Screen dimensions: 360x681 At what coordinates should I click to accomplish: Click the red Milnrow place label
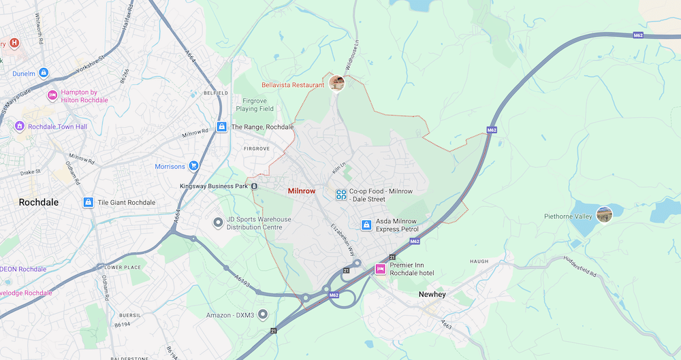(302, 191)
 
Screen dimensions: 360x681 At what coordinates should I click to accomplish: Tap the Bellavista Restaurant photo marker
(336, 83)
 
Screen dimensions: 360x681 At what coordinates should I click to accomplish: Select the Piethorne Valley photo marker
(603, 214)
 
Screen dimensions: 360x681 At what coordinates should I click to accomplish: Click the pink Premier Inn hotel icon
(380, 269)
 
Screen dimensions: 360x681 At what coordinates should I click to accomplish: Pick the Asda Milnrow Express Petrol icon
(366, 225)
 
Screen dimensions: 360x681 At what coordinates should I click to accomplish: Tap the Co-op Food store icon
(341, 195)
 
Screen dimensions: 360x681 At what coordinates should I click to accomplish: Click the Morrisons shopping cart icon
(194, 166)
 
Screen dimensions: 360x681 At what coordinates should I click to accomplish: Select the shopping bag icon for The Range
(221, 127)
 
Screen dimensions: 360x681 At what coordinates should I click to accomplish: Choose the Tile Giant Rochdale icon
(88, 203)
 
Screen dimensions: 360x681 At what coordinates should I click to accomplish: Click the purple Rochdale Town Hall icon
(20, 127)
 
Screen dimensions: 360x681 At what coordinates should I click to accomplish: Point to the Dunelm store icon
(44, 72)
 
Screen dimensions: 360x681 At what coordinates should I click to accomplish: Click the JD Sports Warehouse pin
(218, 223)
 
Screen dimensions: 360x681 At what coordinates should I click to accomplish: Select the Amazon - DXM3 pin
(263, 314)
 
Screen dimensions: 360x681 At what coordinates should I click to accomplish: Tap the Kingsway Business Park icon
(253, 186)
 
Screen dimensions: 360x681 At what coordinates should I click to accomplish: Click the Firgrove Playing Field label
(255, 104)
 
